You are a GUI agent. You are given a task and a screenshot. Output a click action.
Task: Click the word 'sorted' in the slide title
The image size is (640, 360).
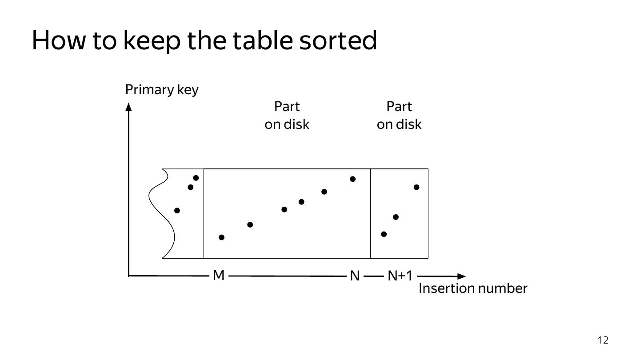tap(338, 40)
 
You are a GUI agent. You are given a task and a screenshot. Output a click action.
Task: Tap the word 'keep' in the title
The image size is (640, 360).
tap(152, 40)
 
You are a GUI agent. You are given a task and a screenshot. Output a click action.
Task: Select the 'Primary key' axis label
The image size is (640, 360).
tap(162, 90)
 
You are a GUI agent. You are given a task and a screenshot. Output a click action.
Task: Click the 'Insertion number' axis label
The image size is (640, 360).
tap(473, 288)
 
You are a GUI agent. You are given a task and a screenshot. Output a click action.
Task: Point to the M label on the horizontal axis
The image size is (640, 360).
tap(219, 276)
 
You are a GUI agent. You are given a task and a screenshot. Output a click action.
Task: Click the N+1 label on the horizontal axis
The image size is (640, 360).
tap(400, 276)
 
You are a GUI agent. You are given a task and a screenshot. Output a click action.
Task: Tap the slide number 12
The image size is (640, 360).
tap(603, 340)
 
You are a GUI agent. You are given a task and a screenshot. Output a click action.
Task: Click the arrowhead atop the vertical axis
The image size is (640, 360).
tap(128, 107)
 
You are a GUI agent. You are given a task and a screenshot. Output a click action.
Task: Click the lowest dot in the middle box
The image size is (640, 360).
tap(222, 237)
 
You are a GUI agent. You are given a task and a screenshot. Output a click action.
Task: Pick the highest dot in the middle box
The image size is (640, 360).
tap(353, 179)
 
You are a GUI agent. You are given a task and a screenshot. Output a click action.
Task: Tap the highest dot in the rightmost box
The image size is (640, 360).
tap(416, 188)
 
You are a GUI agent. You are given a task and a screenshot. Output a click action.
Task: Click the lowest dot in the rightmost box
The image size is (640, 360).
tap(384, 234)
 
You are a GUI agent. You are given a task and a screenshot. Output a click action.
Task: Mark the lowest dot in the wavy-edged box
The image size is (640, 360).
tap(177, 211)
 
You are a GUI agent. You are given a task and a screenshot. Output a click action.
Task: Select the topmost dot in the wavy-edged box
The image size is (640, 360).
tap(196, 178)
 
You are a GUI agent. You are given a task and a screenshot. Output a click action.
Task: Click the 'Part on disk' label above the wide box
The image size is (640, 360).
tap(287, 116)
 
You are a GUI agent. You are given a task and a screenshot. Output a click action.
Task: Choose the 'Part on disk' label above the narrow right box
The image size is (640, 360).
tap(399, 116)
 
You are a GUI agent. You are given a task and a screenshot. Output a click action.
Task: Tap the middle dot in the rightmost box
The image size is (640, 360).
tap(396, 217)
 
